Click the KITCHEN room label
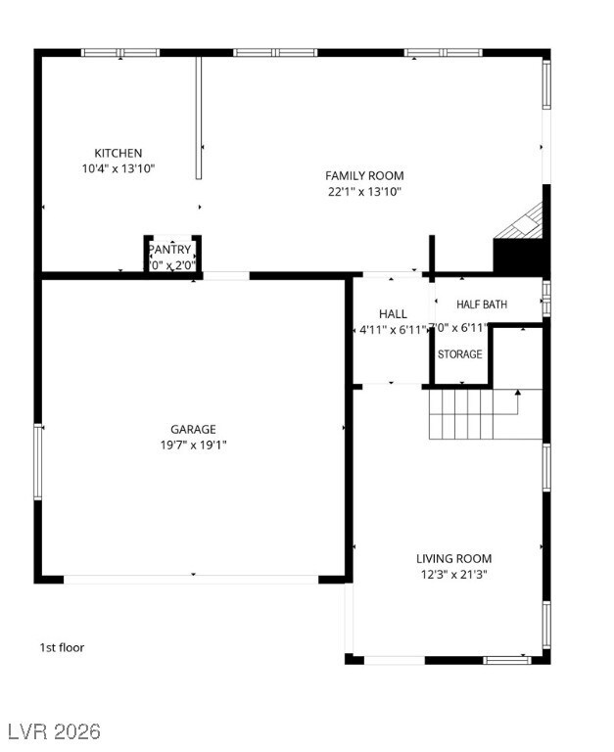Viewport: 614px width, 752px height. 118,153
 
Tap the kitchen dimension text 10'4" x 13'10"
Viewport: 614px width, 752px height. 118,168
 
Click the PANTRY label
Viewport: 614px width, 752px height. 170,250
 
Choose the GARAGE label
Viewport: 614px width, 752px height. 193,429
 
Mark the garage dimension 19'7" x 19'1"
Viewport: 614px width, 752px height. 193,445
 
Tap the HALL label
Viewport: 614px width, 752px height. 393,314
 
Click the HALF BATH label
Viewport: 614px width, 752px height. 482,305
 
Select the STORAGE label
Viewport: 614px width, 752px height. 459,354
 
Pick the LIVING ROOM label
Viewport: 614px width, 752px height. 453,559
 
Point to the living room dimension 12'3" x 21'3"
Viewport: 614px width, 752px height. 453,575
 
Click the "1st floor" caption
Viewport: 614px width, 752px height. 62,647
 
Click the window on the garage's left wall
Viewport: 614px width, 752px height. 39,460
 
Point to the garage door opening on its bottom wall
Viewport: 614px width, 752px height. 192,579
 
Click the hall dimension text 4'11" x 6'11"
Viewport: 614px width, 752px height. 392,330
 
